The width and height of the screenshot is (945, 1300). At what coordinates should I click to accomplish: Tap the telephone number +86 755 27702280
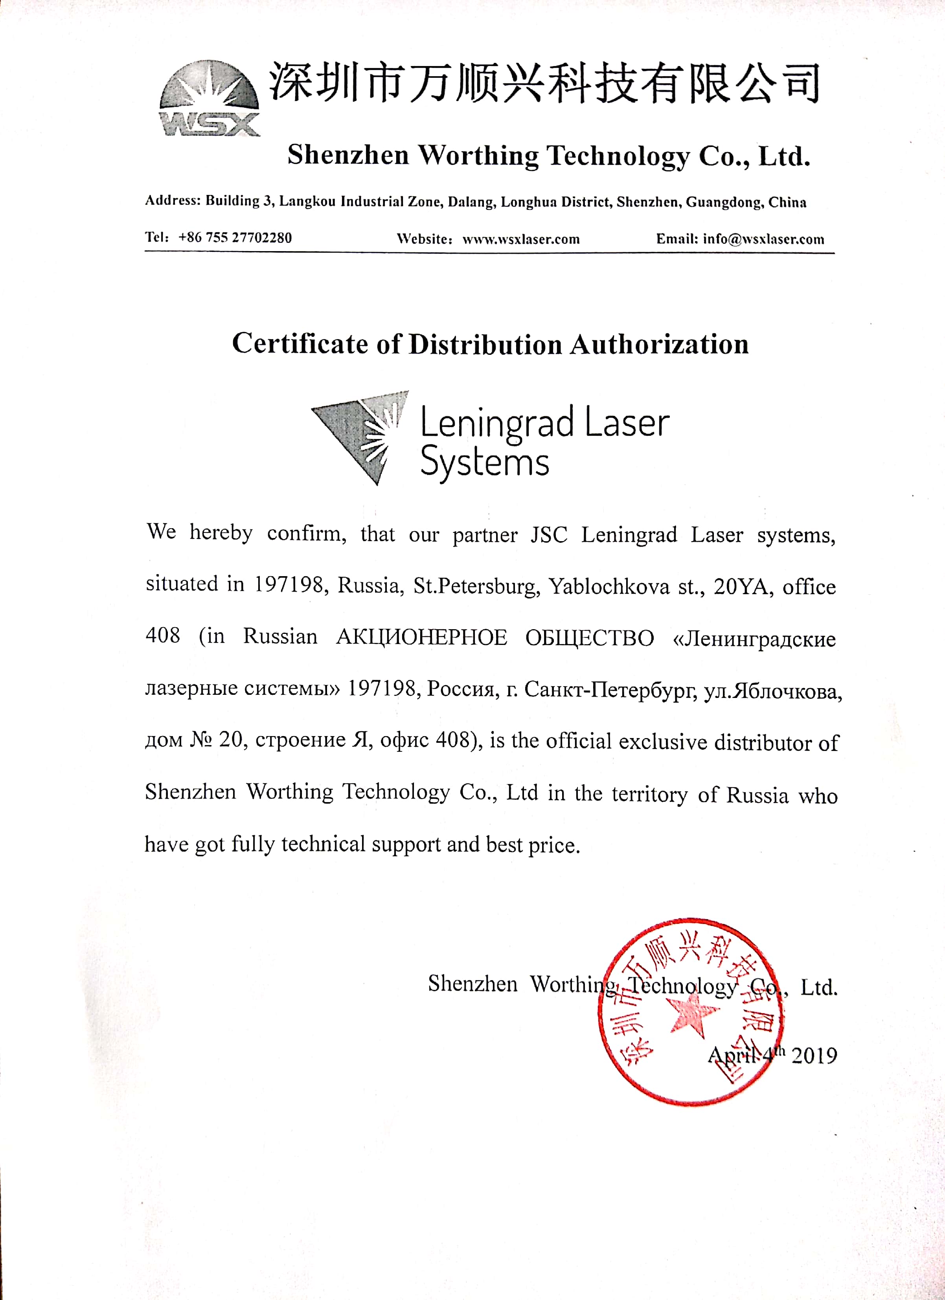coord(235,238)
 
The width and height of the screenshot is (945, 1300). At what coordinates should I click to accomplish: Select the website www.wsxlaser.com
coord(521,239)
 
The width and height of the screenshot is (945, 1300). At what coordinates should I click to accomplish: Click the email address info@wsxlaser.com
coord(763,239)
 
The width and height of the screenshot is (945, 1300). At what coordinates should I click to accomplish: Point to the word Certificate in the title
coord(300,344)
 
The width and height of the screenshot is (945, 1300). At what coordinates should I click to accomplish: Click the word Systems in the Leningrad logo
coord(485,463)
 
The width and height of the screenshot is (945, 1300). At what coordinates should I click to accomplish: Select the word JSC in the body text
coord(548,535)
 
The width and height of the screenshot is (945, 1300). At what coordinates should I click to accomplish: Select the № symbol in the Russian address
coord(201,740)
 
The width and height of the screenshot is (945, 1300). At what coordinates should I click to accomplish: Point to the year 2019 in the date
coord(814,1055)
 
